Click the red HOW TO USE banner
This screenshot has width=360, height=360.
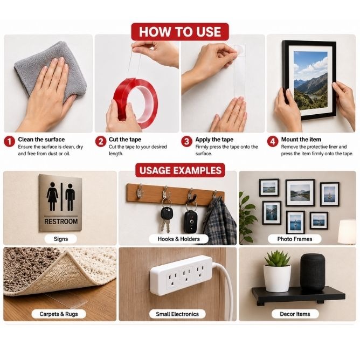point(180,32)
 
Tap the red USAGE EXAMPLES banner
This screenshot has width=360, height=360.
point(180,170)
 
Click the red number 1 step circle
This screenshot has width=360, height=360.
point(9,141)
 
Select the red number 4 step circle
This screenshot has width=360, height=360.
point(273,141)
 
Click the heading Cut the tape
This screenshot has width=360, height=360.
point(125,140)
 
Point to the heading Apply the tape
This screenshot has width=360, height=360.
point(214,140)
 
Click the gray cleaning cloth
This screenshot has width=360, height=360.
point(51,69)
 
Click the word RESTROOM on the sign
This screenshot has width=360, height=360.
point(61,221)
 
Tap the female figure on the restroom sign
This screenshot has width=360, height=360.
point(52,197)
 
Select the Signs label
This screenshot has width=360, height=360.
point(61,239)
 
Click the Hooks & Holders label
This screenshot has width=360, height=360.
point(178,239)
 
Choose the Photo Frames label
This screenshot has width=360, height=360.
point(295,239)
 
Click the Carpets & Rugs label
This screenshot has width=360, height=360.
point(59,314)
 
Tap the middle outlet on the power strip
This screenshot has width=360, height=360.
point(186,275)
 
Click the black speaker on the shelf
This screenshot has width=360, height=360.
point(313,272)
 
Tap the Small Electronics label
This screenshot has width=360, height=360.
point(177,314)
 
